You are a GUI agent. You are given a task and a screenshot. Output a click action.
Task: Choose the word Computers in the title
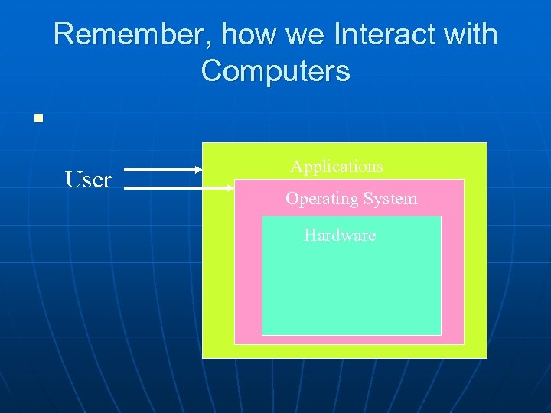pyautogui.click(x=275, y=71)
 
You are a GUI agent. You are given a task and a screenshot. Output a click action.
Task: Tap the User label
pyautogui.click(x=88, y=180)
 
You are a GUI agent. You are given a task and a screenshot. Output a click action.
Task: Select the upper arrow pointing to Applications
pyautogui.click(x=161, y=169)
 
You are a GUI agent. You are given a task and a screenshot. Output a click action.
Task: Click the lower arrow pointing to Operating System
pyautogui.click(x=176, y=186)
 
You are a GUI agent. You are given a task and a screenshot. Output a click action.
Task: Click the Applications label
pyautogui.click(x=337, y=166)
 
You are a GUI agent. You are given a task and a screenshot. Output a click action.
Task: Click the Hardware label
pyautogui.click(x=340, y=235)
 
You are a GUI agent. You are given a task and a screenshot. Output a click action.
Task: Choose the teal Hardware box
pyautogui.click(x=351, y=287)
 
